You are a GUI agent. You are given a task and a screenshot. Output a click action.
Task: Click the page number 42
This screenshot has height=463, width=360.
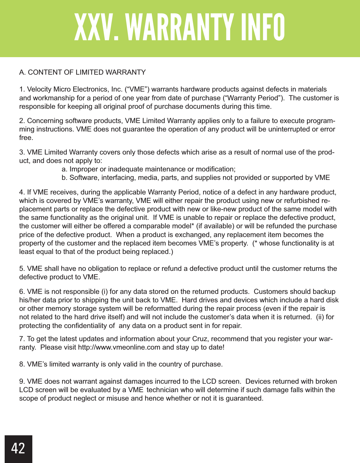[x=18, y=448]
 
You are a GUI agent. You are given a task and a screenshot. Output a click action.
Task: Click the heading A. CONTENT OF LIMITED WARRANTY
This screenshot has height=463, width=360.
[x=82, y=72]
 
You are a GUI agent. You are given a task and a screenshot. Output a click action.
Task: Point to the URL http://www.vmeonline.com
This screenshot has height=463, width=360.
[x=119, y=347]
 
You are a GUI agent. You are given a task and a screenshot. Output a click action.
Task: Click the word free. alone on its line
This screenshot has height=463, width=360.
[x=26, y=138]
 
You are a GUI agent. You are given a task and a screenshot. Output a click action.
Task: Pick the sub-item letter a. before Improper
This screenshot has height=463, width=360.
[x=65, y=169]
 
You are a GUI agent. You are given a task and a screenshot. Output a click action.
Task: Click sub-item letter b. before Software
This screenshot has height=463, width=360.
[x=65, y=178]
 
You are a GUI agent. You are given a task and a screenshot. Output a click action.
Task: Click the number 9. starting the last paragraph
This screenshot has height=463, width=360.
[x=22, y=381]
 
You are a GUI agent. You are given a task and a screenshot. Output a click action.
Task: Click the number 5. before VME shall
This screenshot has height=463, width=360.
[x=22, y=269]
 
